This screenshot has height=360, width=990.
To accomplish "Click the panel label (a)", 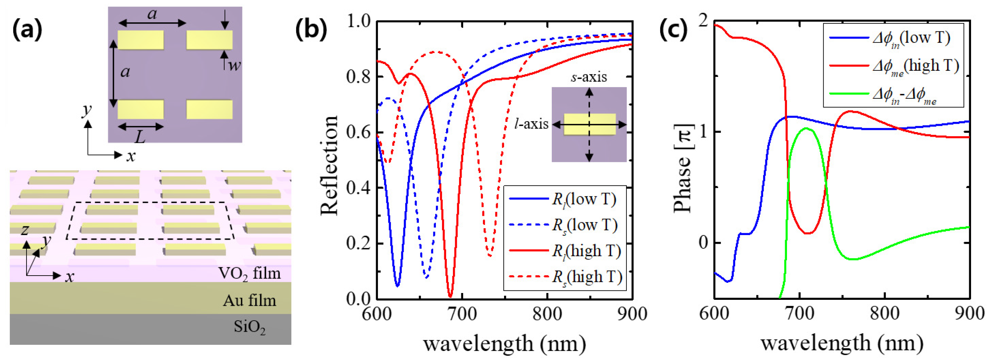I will point(27,30).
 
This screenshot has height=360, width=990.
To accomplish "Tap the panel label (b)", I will point(311,30).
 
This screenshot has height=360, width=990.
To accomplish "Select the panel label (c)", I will point(673,30).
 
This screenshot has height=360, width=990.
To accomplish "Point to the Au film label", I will point(250,301).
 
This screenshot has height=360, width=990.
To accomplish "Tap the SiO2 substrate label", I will point(250,327).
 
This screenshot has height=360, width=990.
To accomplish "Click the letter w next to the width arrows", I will point(234,65).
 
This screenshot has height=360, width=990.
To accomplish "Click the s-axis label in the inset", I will point(589,77).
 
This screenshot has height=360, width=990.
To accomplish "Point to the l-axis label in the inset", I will point(531,124).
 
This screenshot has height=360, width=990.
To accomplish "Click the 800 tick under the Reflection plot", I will point(547,314).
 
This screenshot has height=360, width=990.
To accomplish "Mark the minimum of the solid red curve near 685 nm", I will point(450,296).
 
